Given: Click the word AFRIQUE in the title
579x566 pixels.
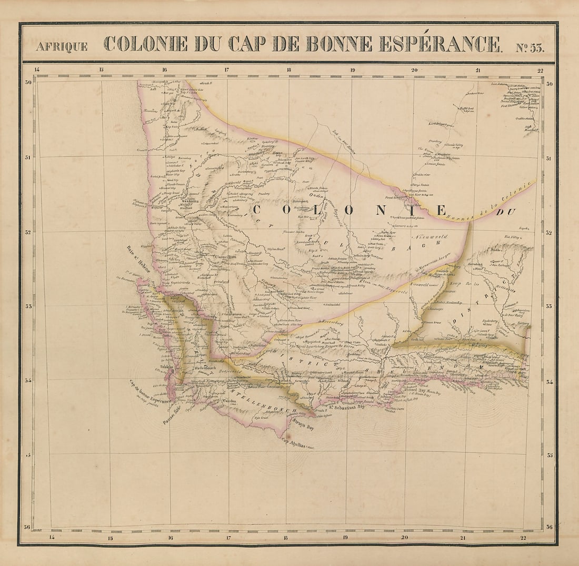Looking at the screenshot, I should [62, 46].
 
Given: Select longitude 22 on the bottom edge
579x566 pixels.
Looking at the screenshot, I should [522, 538].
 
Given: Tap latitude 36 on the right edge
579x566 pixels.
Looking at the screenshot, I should [549, 527].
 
